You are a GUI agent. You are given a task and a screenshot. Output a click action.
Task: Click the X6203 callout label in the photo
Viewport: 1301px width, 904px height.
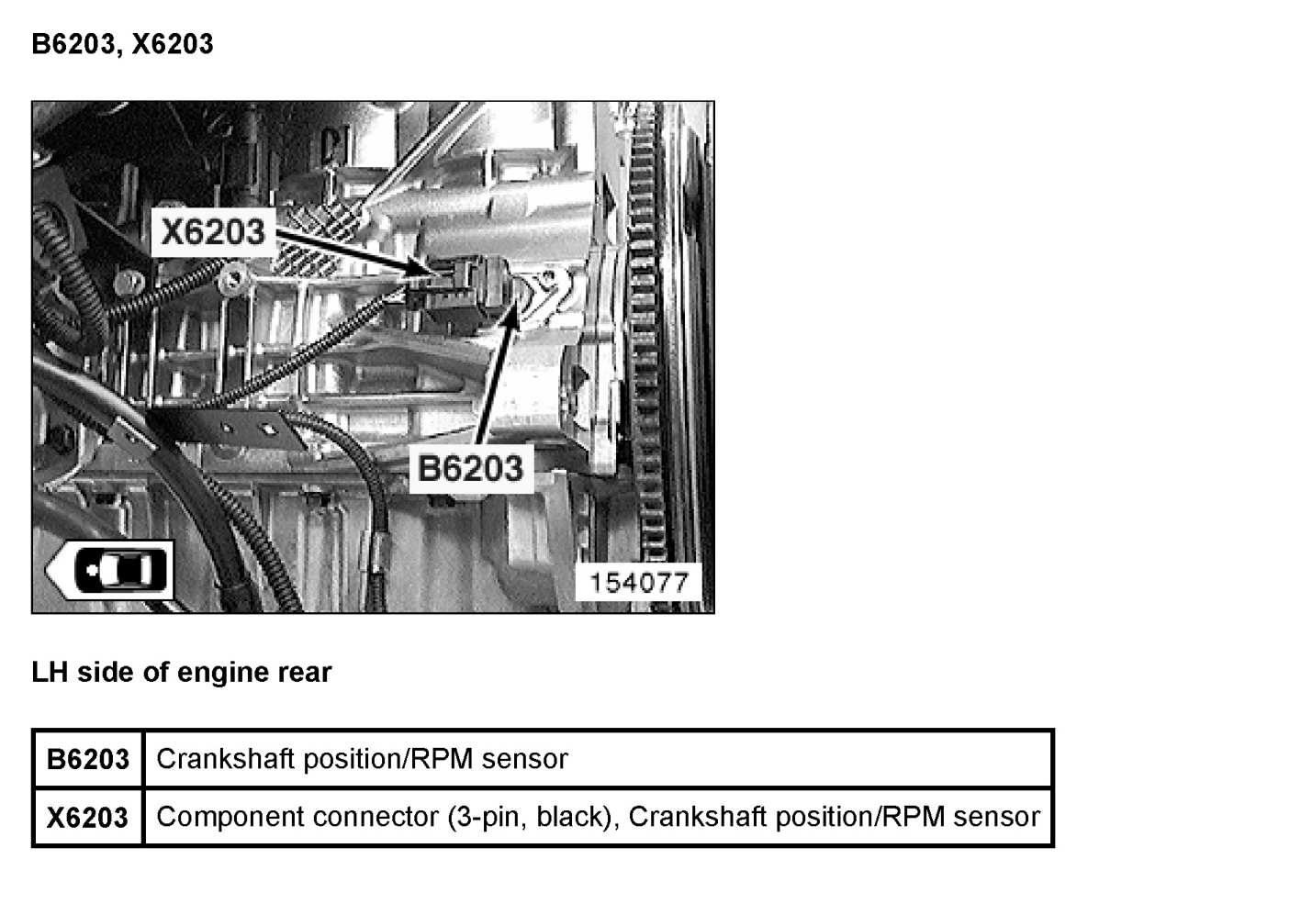(213, 231)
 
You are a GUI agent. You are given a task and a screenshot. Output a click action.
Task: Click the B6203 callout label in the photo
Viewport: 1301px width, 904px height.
(470, 468)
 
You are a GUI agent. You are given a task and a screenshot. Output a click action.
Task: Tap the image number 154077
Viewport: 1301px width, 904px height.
(638, 583)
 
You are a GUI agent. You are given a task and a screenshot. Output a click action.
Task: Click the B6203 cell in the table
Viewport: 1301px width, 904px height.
(88, 760)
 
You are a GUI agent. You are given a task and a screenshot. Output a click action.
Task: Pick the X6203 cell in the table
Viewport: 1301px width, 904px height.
(88, 818)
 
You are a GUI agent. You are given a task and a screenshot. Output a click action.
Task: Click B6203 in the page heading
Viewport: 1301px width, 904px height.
(73, 44)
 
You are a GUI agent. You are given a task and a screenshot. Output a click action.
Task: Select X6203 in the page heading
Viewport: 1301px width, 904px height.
(173, 44)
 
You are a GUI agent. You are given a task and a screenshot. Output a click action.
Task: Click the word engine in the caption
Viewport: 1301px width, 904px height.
(219, 673)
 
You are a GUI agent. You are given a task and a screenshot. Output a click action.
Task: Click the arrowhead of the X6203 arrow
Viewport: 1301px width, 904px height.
(428, 270)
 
